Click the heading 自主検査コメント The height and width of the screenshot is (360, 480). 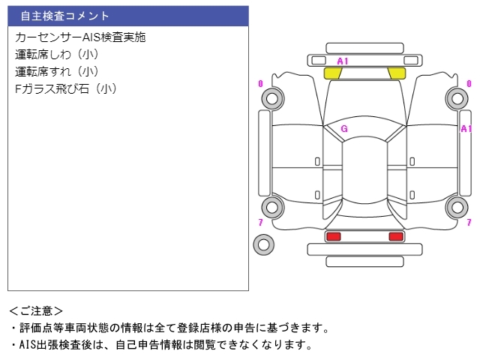[x=64, y=16]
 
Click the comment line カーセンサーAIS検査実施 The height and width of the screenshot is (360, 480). [x=80, y=37]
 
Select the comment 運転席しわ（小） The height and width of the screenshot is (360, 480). [x=57, y=55]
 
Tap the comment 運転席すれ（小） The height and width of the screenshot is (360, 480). [x=57, y=72]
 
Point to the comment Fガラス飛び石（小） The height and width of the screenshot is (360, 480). [x=66, y=88]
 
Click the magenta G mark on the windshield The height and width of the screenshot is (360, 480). [x=344, y=128]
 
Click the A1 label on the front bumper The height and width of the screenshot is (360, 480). [x=343, y=61]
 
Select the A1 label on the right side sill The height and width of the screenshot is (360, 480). [x=466, y=128]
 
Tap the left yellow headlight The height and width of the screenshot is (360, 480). [x=332, y=73]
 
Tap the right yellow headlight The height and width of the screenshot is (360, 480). [x=397, y=73]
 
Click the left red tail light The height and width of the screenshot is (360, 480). [x=333, y=236]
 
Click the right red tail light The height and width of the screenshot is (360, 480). [x=396, y=236]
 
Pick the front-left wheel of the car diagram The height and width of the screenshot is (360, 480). [x=272, y=98]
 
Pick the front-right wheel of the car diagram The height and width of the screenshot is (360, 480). [x=457, y=98]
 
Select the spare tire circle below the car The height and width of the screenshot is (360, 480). [x=263, y=244]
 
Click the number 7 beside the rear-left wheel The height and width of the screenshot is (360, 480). [x=260, y=222]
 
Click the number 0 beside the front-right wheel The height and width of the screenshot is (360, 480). [x=469, y=83]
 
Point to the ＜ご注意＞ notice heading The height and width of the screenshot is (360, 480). [x=36, y=311]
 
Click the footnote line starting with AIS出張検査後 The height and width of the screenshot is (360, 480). [x=165, y=345]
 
